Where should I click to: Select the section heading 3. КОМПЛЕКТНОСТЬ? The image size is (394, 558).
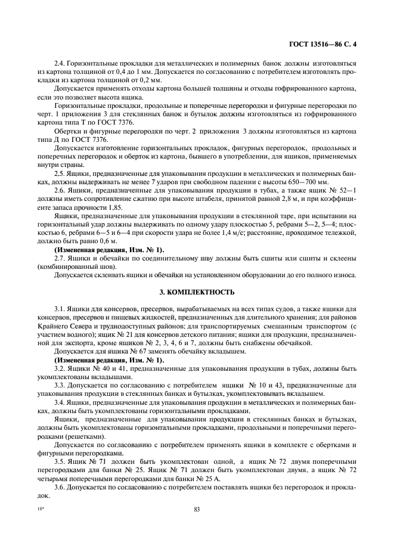pos(196,293)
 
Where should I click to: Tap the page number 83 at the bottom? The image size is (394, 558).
pos(196,509)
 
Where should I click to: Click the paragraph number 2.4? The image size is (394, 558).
pos(60,63)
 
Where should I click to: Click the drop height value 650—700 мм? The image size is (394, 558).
pos(306,181)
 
